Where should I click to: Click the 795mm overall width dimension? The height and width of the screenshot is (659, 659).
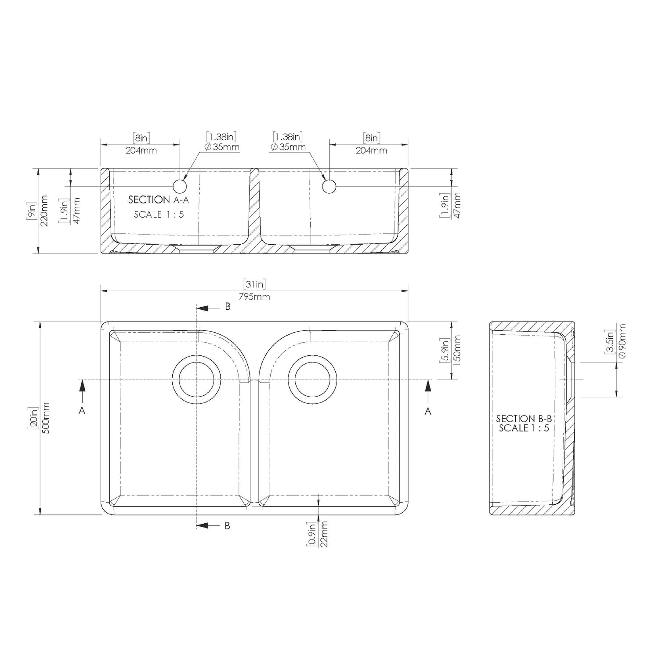click(254, 297)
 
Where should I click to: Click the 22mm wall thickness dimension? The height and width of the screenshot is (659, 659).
click(324, 534)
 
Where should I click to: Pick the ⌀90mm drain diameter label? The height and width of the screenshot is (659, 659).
click(622, 341)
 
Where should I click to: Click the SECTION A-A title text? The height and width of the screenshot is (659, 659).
click(159, 200)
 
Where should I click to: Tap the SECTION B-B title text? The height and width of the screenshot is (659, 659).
click(524, 419)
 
